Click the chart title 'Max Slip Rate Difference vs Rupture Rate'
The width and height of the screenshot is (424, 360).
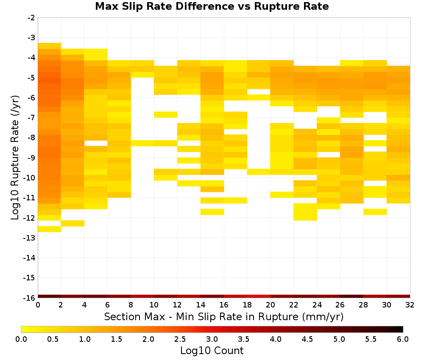coord(212,6)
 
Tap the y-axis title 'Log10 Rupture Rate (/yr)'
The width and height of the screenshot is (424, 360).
coord(15,158)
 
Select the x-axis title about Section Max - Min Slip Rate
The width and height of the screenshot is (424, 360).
coord(223,317)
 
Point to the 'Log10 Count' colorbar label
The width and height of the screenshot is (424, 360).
coord(212,351)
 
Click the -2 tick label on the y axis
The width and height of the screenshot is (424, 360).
coord(31,18)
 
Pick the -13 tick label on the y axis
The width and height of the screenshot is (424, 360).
coord(29,238)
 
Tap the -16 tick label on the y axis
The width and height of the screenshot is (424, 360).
coord(29,298)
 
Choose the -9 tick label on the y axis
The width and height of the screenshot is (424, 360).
coord(31,158)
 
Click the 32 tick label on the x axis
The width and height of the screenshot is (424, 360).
coord(410,305)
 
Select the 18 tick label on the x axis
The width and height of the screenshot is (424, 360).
coord(247,305)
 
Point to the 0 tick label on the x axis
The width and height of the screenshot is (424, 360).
coord(38,305)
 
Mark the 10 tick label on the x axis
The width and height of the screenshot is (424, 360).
coord(154,305)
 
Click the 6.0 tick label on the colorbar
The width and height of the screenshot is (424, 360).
coord(403,339)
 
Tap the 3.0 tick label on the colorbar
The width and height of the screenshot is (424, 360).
coord(212,339)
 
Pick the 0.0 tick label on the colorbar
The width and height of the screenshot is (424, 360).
coord(21,339)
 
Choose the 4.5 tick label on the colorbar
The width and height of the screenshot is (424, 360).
coord(307,339)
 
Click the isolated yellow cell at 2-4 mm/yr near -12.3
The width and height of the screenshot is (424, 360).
coord(73,223)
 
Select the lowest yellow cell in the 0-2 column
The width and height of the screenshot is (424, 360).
coord(50,229)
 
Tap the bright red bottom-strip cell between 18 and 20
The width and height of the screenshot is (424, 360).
coord(259,296)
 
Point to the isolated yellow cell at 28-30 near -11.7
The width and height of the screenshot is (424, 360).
coord(375,212)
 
